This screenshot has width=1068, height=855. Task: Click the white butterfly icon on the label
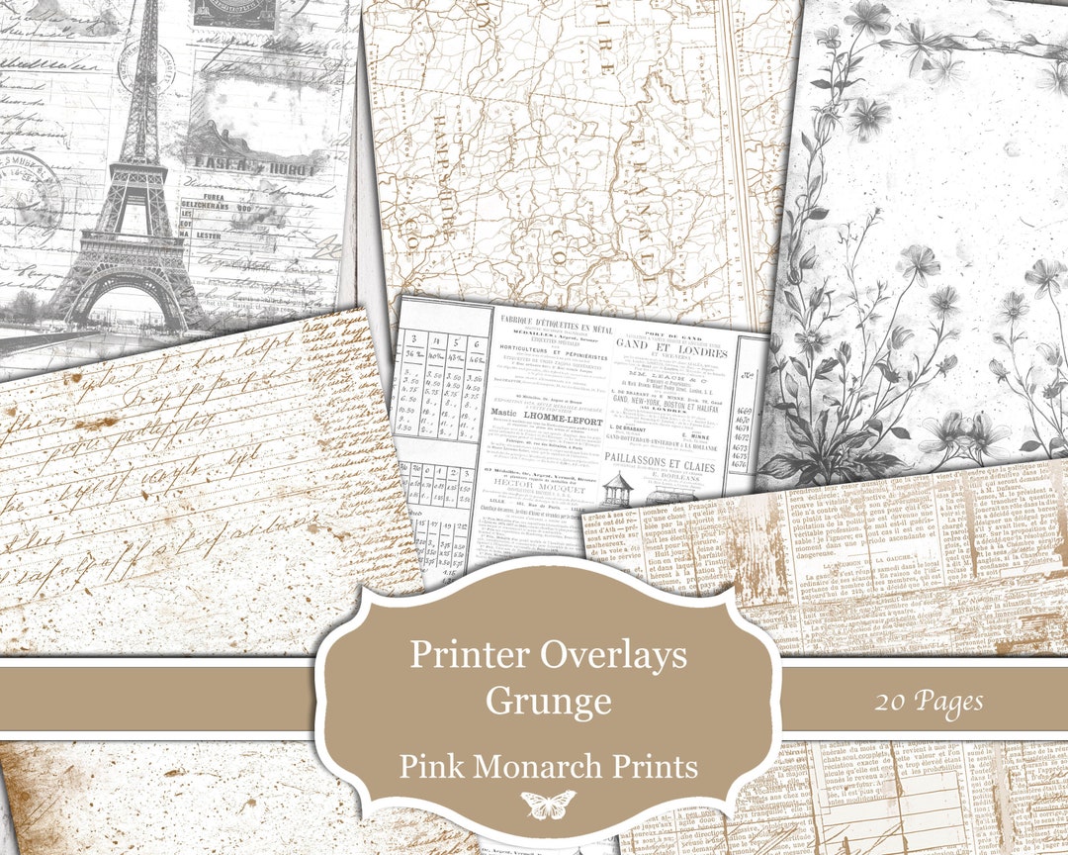coord(547,804)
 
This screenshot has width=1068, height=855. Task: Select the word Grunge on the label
coord(548,701)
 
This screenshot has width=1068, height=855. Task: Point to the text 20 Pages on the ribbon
coord(928,702)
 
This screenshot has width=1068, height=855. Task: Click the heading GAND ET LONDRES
coord(671,351)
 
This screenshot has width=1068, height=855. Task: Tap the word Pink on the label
coord(428,766)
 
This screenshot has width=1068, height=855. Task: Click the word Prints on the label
coord(663,766)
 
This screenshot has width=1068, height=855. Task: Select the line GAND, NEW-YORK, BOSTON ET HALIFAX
coord(671,389)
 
